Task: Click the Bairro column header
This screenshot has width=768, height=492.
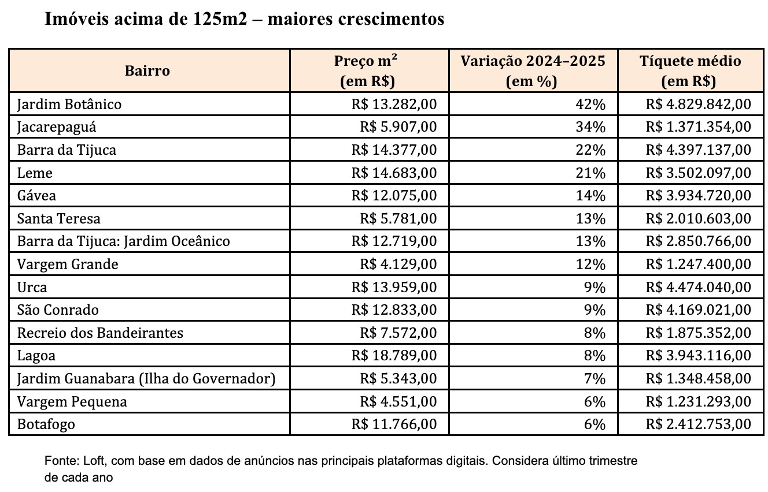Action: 147,71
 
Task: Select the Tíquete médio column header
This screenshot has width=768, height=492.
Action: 690,71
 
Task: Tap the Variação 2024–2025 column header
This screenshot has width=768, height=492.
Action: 532,71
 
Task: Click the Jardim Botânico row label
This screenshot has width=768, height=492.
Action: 69,105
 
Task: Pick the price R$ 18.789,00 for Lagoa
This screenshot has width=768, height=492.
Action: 394,356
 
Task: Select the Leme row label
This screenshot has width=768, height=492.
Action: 35,173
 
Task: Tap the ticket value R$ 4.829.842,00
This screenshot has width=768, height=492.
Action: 699,105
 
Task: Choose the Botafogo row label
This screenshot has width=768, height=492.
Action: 46,424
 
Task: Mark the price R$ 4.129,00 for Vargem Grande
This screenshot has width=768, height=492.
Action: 398,264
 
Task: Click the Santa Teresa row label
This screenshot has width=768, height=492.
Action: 59,219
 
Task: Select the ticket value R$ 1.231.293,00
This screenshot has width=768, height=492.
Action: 699,401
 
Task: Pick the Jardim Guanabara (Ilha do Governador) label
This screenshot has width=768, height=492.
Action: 146,379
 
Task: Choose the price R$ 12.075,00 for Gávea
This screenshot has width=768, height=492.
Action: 394,196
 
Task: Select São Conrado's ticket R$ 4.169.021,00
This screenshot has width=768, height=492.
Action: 699,310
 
